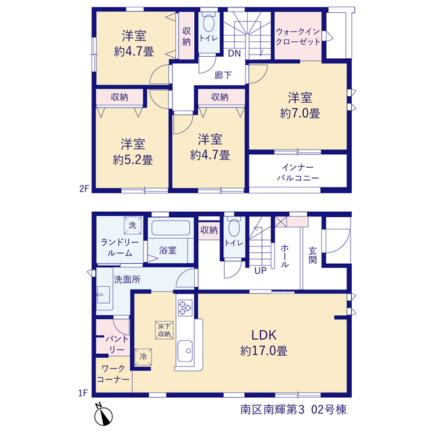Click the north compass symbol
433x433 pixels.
[x=104, y=415]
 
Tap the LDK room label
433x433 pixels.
[x=264, y=336]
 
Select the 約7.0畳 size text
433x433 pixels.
[x=300, y=114]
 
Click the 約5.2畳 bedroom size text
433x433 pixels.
[x=133, y=160]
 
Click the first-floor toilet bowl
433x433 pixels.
[x=234, y=228]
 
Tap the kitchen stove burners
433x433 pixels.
[x=185, y=308]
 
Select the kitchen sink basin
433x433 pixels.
[x=185, y=350]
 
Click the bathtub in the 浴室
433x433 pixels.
[x=170, y=228]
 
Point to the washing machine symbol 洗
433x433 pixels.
[x=133, y=225]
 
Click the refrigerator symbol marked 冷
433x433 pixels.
[x=143, y=357]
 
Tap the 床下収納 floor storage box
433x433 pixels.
[x=164, y=330]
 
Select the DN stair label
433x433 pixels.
[x=234, y=53]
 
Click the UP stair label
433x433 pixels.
[x=260, y=271]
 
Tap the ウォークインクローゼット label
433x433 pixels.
[x=298, y=37]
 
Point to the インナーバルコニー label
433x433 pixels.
[x=298, y=173]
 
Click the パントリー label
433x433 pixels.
[x=117, y=344]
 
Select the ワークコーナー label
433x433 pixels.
[x=114, y=374]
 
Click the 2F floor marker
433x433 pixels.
[x=84, y=189]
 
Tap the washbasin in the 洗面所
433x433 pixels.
[x=104, y=295]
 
